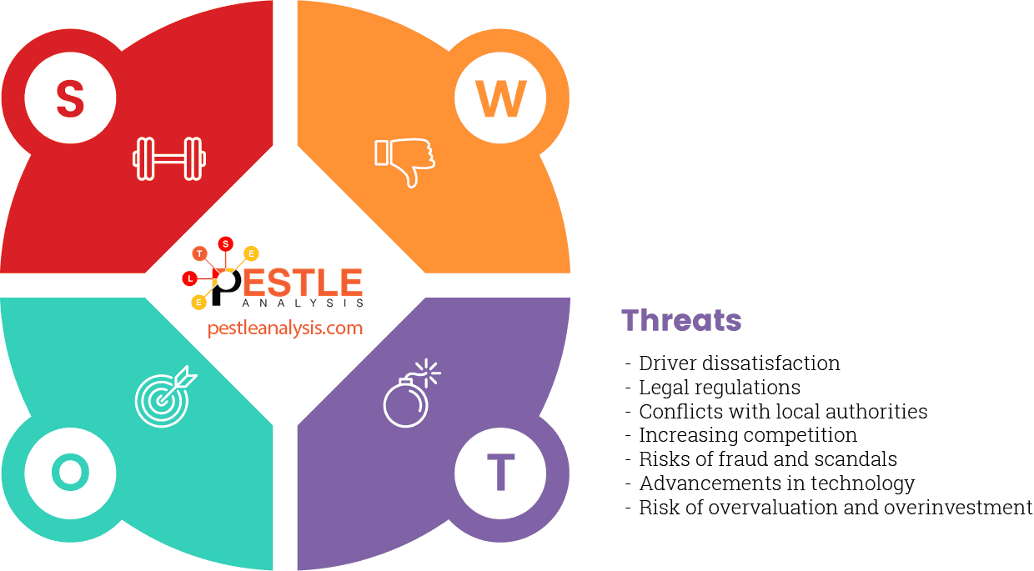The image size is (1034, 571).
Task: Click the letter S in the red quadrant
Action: click(70, 99)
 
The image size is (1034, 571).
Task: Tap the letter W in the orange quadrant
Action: click(500, 99)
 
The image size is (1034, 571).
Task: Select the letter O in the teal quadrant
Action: click(70, 473)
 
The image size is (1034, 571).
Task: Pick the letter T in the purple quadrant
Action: click(500, 473)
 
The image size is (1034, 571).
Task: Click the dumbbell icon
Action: click(169, 158)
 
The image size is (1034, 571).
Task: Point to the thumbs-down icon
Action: click(405, 160)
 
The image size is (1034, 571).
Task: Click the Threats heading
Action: click(681, 320)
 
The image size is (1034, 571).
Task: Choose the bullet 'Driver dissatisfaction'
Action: click(739, 363)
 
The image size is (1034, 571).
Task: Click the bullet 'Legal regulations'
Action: click(719, 388)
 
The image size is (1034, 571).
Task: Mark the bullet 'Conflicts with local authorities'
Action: click(782, 412)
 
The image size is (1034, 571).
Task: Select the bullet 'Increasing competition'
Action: click(747, 435)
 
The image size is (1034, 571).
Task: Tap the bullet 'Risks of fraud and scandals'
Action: click(767, 459)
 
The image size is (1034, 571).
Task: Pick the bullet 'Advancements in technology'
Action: click(776, 483)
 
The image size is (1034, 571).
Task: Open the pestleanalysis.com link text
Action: click(285, 328)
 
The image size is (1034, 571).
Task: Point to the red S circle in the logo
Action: click(225, 243)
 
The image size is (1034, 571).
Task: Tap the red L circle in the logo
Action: click(190, 278)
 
